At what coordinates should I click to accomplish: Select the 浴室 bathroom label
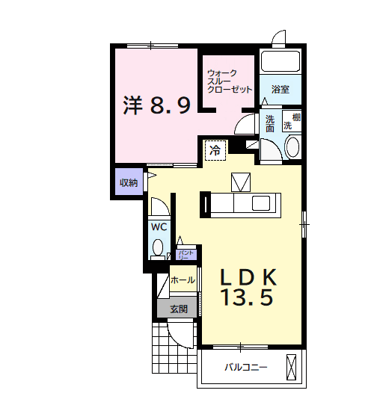(x=280, y=90)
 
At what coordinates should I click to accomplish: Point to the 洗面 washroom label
(x=269, y=123)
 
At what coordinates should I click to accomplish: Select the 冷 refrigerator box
(x=215, y=149)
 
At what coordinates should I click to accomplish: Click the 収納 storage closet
(x=128, y=183)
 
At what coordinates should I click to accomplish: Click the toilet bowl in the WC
(x=158, y=246)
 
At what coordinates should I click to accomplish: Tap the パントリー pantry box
(x=187, y=254)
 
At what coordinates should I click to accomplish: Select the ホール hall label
(x=183, y=280)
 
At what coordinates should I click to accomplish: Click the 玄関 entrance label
(x=178, y=308)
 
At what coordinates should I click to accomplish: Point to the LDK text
(x=249, y=276)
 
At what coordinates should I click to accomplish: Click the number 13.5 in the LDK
(x=245, y=298)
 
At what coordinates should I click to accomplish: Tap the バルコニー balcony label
(x=246, y=368)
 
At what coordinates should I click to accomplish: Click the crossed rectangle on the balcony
(x=292, y=367)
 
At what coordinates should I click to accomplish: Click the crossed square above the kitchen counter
(x=242, y=182)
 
